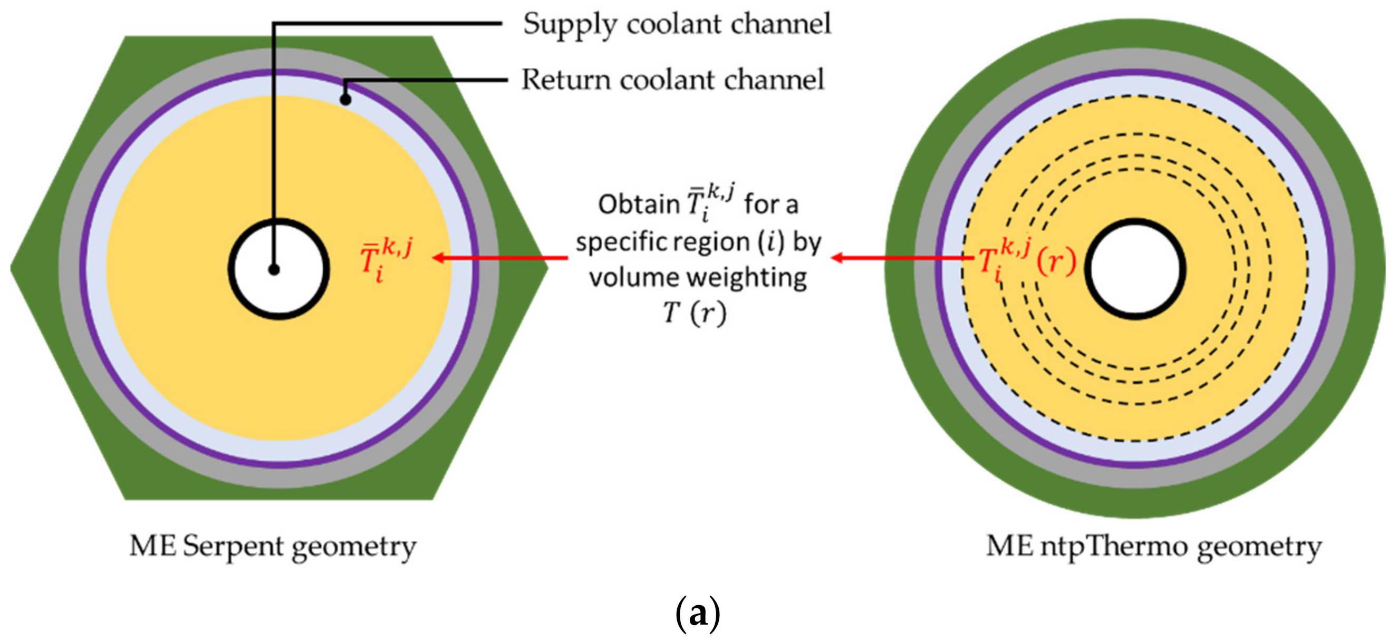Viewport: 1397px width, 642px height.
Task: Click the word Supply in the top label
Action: [x=570, y=25]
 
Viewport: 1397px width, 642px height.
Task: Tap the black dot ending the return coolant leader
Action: [x=345, y=100]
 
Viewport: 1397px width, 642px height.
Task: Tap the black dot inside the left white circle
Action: [x=274, y=269]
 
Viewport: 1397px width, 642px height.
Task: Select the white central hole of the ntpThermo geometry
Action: [x=1134, y=268]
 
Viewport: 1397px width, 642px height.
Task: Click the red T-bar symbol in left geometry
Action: [x=384, y=260]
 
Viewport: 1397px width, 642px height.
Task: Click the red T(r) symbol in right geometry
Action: [x=1026, y=260]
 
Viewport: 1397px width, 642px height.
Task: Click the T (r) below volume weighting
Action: [x=695, y=314]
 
